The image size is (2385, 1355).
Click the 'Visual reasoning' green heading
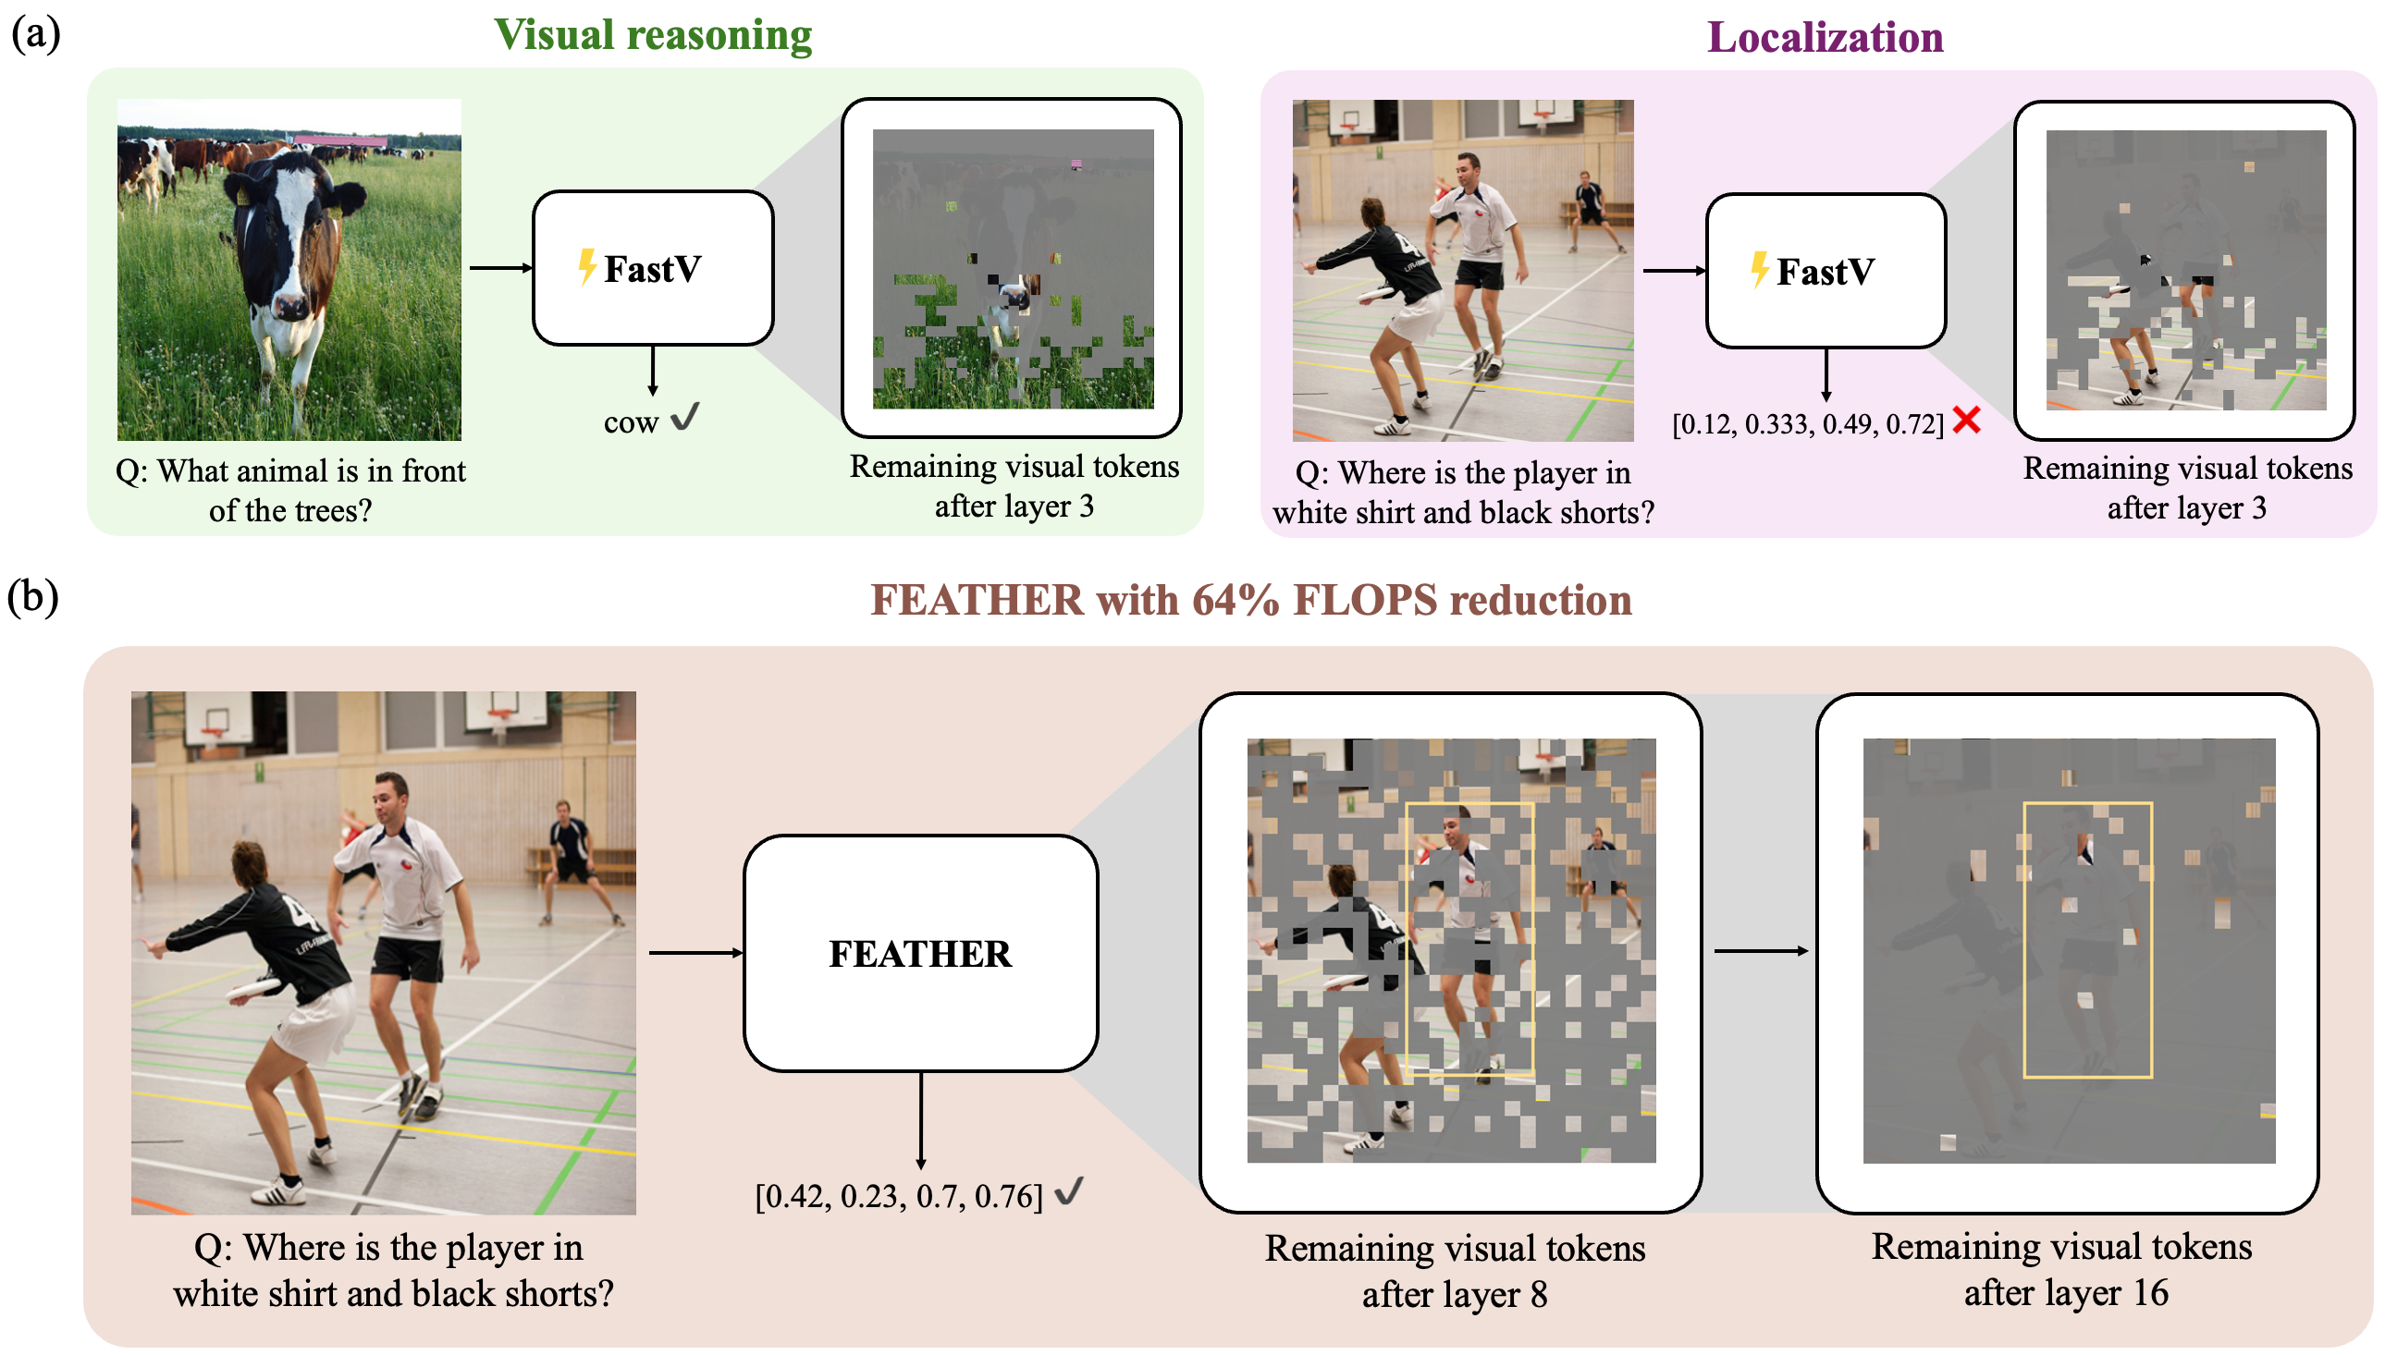(x=652, y=35)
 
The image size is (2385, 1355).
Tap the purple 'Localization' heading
(x=1824, y=37)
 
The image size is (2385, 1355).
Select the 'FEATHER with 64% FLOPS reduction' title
(x=1250, y=599)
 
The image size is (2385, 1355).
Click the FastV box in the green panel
(x=653, y=268)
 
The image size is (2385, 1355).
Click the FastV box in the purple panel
(x=1825, y=271)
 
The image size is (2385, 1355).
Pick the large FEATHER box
(x=920, y=953)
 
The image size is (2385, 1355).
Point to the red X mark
(x=1965, y=420)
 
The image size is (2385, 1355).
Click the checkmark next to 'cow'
(x=684, y=416)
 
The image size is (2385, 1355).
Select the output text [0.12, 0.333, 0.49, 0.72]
(x=1807, y=424)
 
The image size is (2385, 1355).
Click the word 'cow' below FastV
(x=630, y=423)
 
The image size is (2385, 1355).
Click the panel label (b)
(x=33, y=596)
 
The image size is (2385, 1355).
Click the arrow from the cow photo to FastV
(x=501, y=268)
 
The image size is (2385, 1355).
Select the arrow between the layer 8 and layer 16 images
(x=1761, y=950)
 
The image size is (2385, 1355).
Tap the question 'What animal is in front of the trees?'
(x=290, y=491)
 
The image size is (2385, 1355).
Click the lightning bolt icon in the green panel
(x=586, y=266)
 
